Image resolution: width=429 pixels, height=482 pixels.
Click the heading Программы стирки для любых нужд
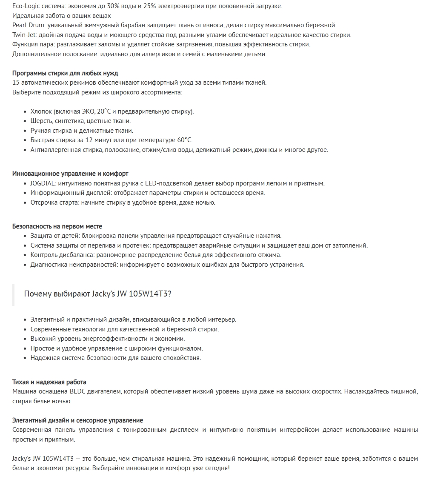[x=65, y=73]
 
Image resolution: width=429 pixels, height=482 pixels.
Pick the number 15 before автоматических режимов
[x=16, y=83]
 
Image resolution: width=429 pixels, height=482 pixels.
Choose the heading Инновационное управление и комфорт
[x=70, y=174]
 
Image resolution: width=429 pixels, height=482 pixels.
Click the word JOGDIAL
[x=43, y=183]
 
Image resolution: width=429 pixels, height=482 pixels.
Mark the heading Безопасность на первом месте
[x=57, y=226]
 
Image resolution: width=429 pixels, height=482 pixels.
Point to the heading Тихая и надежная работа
[x=49, y=382]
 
